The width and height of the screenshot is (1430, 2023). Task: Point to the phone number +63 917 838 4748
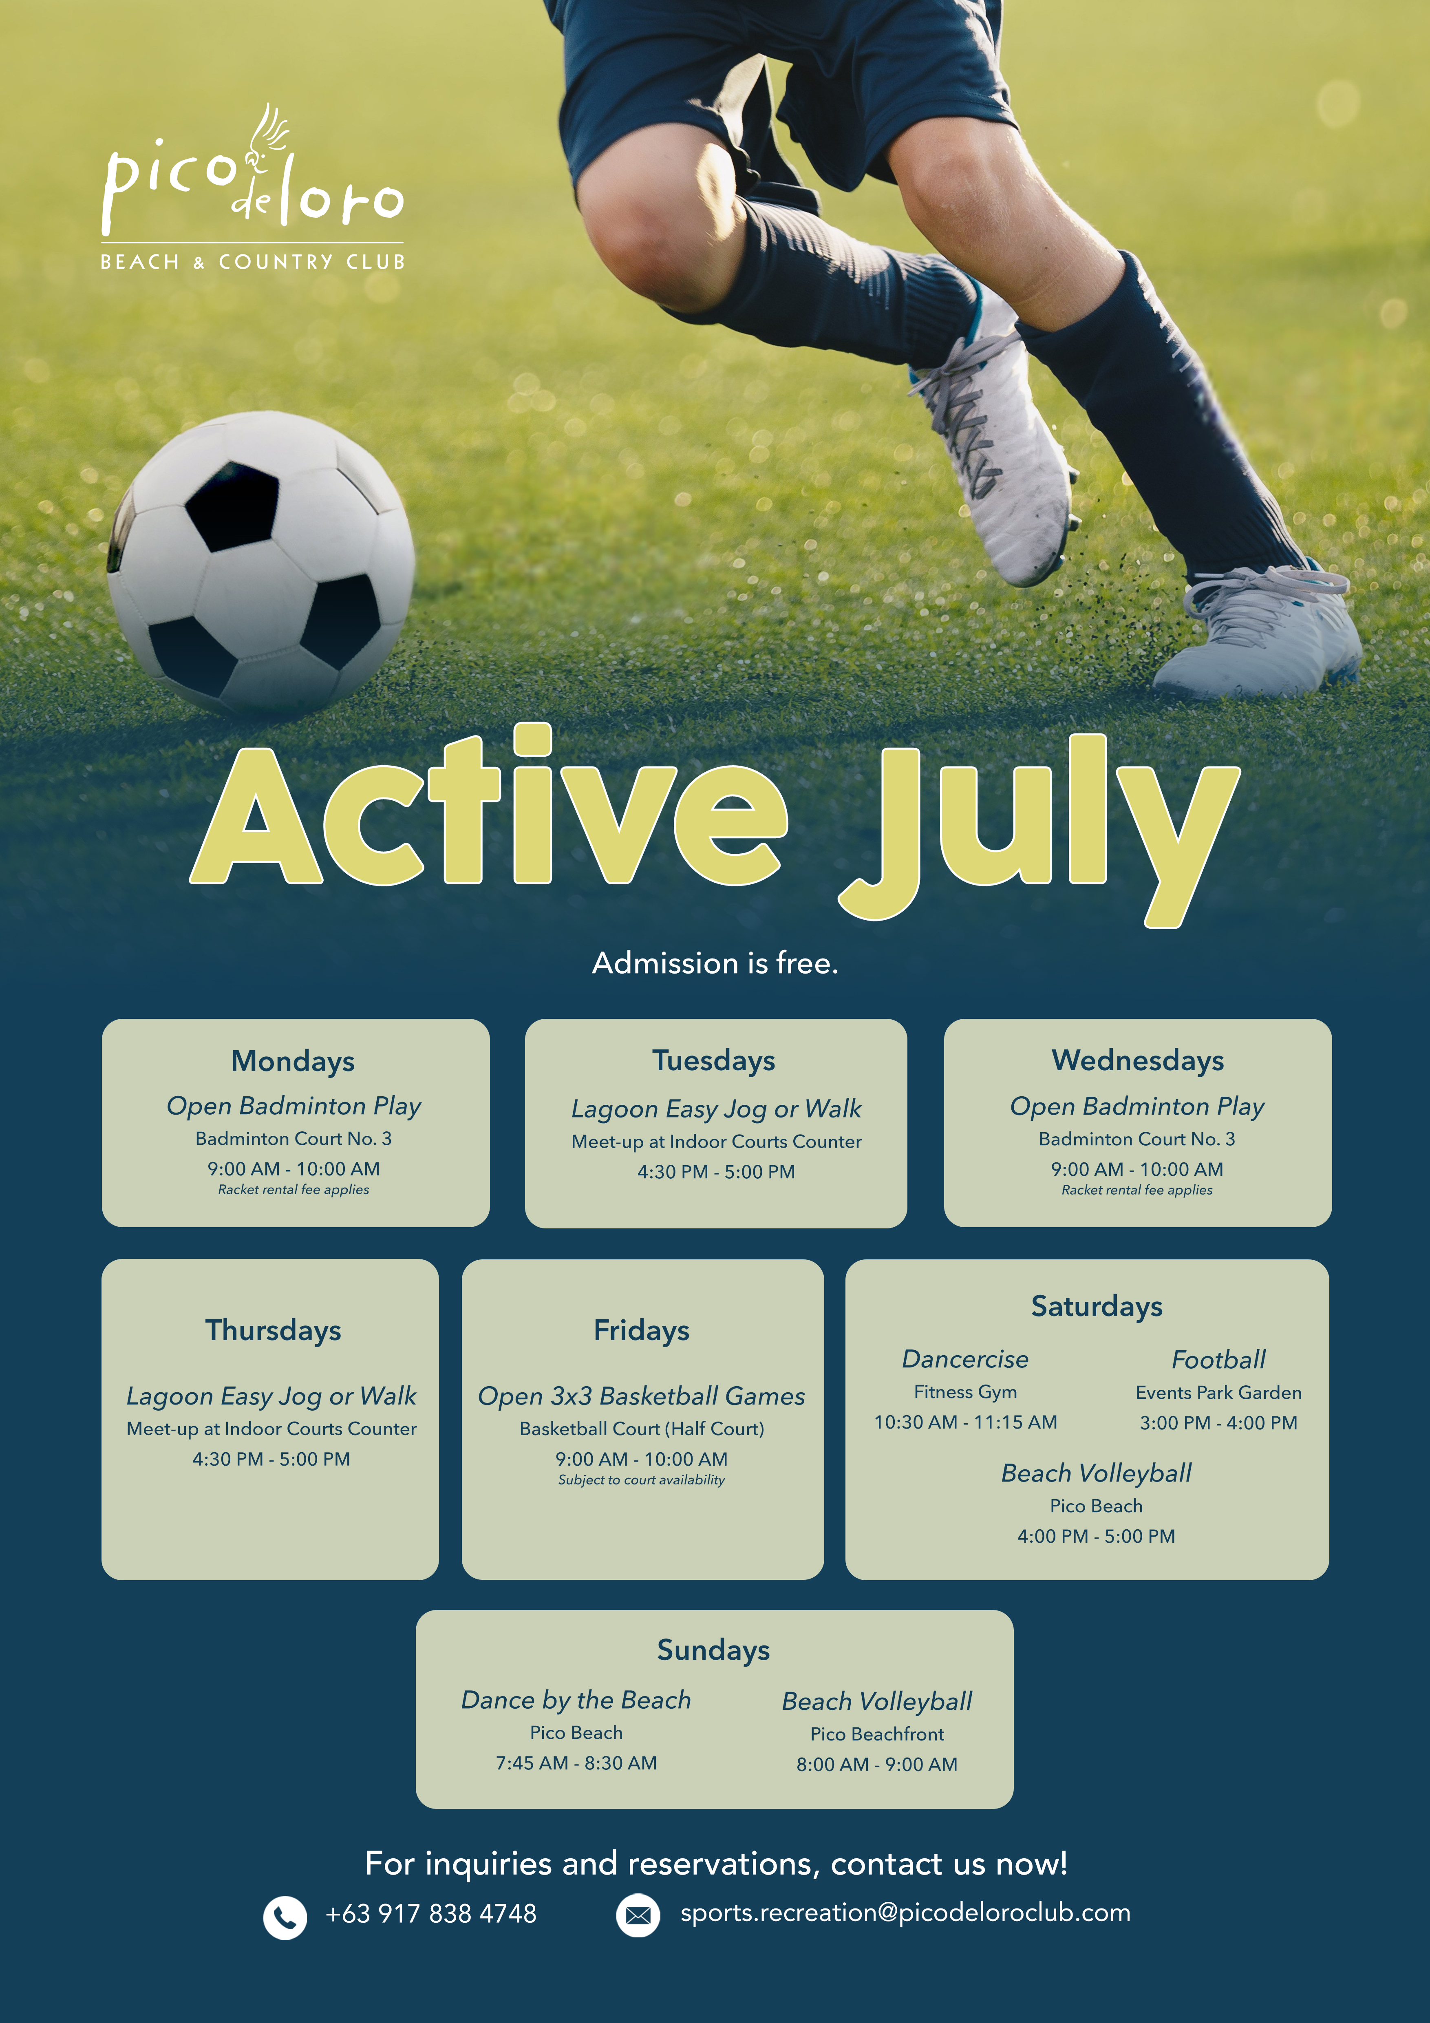[x=431, y=1914]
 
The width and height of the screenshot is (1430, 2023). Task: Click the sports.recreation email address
[x=905, y=1913]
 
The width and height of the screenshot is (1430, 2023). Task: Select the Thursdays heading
[x=273, y=1330]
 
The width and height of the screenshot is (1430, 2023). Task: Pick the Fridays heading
[x=642, y=1330]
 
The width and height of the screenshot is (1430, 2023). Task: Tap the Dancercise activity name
[x=965, y=1360]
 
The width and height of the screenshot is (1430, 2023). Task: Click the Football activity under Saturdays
[x=1218, y=1360]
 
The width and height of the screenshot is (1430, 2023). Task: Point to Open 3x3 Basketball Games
[x=642, y=1396]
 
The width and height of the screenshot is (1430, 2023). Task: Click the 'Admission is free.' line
[x=715, y=963]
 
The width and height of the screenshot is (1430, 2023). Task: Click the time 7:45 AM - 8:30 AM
[x=576, y=1763]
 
